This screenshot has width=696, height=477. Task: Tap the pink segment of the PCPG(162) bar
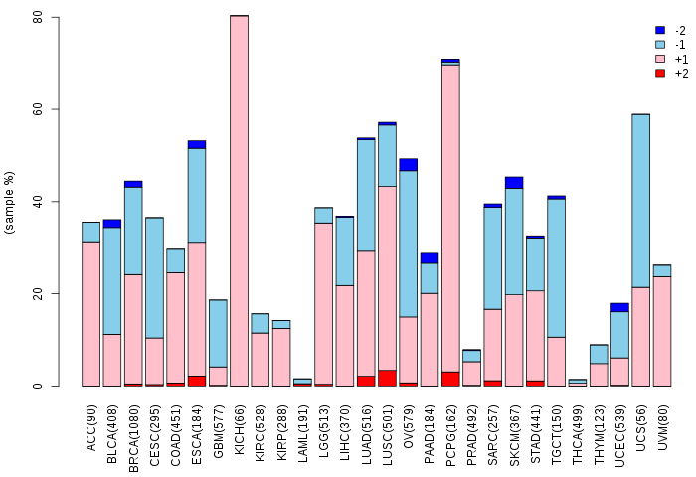(450, 219)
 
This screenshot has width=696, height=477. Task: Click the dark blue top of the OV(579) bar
(409, 164)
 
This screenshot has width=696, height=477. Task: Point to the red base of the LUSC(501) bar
(387, 378)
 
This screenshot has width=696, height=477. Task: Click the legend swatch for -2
(660, 31)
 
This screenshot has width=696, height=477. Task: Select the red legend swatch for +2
(660, 74)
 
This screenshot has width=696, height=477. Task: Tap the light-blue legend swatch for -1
(660, 45)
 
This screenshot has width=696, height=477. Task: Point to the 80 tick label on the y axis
(37, 17)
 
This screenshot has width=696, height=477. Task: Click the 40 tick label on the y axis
(37, 202)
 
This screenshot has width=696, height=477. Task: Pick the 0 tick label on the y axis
(40, 386)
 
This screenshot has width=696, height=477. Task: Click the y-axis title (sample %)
(10, 202)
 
